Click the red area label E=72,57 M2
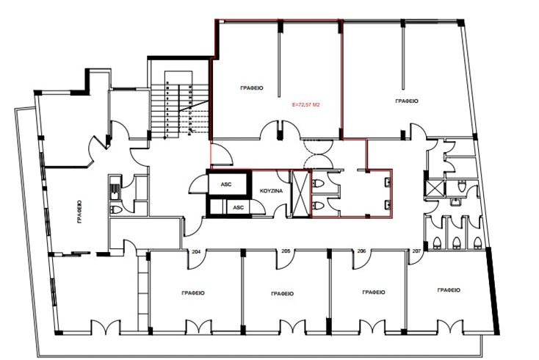[x=305, y=105]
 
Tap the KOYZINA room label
[x=271, y=191]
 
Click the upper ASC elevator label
[x=226, y=184]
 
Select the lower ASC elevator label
[x=238, y=208]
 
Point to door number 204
[x=196, y=252]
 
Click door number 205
[x=286, y=251]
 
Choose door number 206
[x=361, y=251]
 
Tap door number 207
[x=416, y=251]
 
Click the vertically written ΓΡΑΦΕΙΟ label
[x=80, y=212]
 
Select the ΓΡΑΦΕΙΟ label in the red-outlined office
[x=252, y=88]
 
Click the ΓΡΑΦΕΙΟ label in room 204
[x=193, y=293]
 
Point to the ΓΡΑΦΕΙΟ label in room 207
[x=449, y=290]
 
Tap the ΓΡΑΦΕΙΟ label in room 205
[x=282, y=294]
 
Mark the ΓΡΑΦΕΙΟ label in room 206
[x=374, y=292]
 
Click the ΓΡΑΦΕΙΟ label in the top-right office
[x=407, y=101]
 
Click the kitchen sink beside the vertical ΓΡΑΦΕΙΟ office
[x=115, y=190]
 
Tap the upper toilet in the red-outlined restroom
[x=318, y=183]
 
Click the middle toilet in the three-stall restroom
[x=456, y=242]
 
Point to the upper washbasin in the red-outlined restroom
[x=388, y=183]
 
